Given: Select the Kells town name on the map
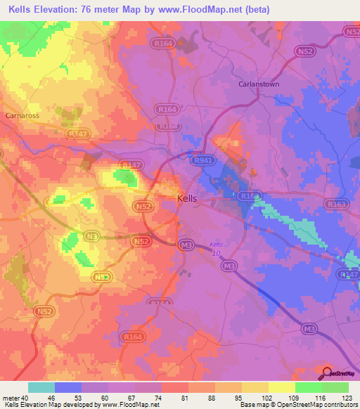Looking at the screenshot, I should point(187,199).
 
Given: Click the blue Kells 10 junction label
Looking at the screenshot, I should point(217,248).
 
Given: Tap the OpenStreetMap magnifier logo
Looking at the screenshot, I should point(327,373).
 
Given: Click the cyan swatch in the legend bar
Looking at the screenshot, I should point(41,387).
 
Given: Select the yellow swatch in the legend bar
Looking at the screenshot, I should point(282,387).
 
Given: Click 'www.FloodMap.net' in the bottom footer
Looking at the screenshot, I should point(131,405).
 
